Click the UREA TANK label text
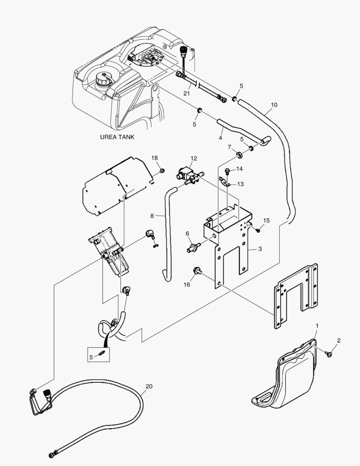coord(117,137)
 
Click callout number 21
coord(186,93)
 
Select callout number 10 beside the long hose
coord(274,105)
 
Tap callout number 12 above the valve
coord(194,158)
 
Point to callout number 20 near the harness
coord(149,386)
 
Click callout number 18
coord(154,158)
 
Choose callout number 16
coord(186,285)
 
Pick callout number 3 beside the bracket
coord(260,249)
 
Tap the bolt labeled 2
coord(329,354)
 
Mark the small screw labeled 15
coord(258,230)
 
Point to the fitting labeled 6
coord(192,249)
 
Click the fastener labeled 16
coord(199,271)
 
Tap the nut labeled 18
coord(162,171)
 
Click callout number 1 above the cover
coord(317,324)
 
